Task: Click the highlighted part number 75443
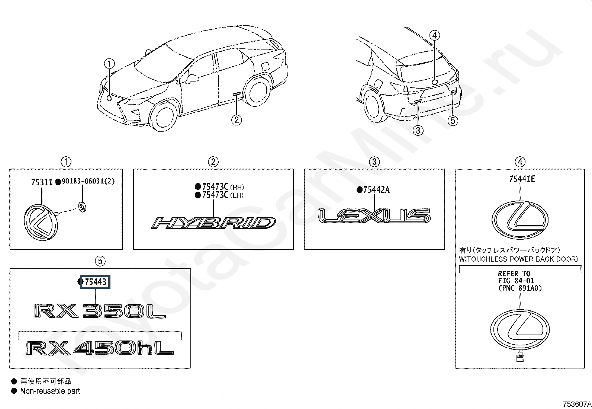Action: [x=96, y=282]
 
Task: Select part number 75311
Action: [x=42, y=182]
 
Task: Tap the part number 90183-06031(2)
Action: [x=88, y=181]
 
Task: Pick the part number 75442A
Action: [x=376, y=190]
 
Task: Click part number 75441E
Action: [x=522, y=179]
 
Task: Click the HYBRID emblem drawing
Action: [x=213, y=223]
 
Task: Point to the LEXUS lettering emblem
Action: [x=374, y=216]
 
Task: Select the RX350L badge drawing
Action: [x=100, y=311]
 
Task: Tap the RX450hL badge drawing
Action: [x=100, y=349]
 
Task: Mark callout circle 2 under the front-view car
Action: [x=237, y=120]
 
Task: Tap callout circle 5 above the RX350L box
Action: [x=100, y=261]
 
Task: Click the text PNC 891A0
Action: [x=520, y=288]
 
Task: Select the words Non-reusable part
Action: [x=50, y=391]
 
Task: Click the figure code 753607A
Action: [x=577, y=404]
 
